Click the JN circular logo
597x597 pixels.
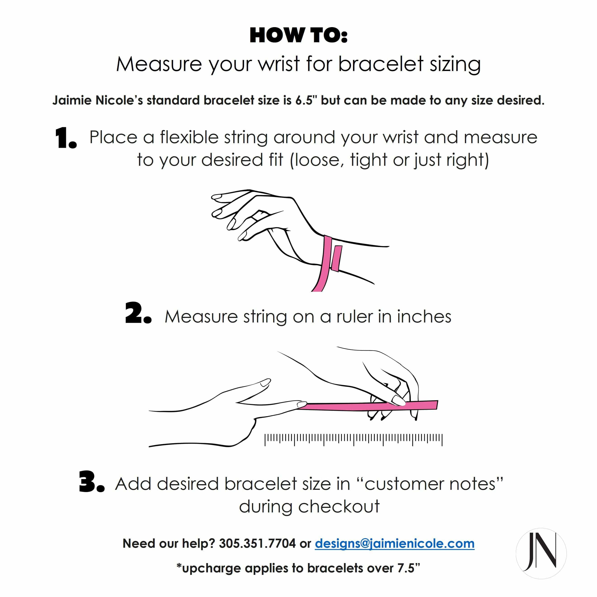[x=541, y=553]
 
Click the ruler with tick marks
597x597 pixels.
[x=353, y=439]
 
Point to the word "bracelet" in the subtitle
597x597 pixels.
[x=380, y=64]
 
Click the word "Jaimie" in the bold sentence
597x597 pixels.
[x=72, y=100]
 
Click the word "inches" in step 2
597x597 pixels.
[x=424, y=317]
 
